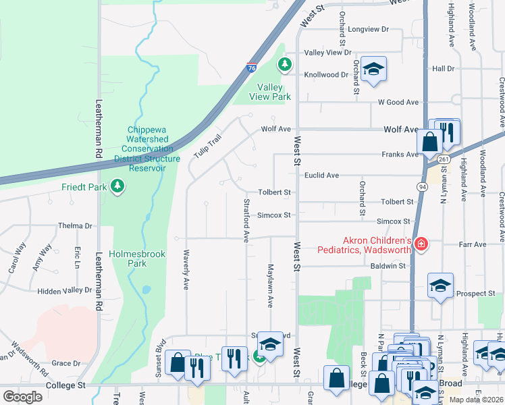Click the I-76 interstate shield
[x=251, y=68]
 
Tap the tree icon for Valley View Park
[x=285, y=64]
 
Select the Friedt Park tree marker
[x=117, y=186]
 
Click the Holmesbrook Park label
[x=128, y=259]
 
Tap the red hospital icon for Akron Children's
[x=421, y=243]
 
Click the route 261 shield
[x=443, y=159]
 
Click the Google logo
[x=22, y=396]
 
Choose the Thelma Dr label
[x=74, y=226]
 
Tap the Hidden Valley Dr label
[x=64, y=290]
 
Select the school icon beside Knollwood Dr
[x=373, y=69]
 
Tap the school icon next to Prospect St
[x=440, y=286]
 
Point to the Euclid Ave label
[x=321, y=175]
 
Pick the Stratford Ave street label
[x=246, y=219]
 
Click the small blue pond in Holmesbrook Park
[x=147, y=291]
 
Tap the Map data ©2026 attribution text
[x=476, y=399]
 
